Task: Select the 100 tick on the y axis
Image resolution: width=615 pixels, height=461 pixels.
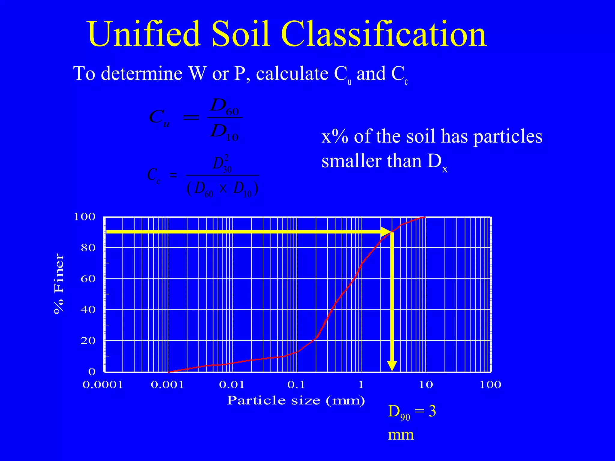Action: (85, 217)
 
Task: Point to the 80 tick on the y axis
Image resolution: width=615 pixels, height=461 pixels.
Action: (88, 248)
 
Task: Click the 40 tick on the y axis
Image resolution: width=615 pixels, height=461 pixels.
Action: (88, 310)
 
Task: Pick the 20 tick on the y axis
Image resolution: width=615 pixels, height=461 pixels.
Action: (88, 341)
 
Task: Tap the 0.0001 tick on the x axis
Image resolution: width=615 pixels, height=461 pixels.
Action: (103, 385)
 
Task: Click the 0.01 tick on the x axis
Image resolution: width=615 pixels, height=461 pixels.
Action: (232, 385)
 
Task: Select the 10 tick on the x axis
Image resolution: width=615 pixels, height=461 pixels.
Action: (426, 385)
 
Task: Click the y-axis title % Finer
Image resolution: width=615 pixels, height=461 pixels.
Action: (59, 284)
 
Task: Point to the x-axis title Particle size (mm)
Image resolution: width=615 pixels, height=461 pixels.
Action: (296, 400)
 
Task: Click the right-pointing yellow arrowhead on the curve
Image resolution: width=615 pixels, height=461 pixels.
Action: (386, 232)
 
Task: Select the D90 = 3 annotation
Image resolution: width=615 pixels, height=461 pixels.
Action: (412, 412)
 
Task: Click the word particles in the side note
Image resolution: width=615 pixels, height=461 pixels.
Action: (508, 137)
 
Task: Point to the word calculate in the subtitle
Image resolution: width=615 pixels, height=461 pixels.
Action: (292, 74)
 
